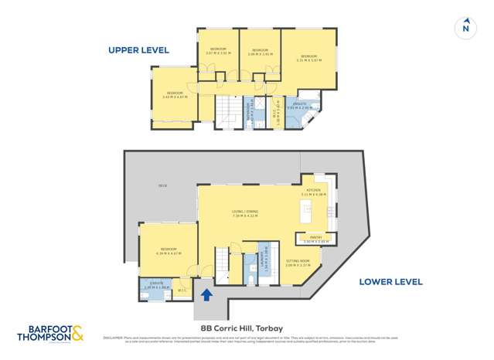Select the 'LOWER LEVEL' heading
pyautogui.click(x=390, y=281)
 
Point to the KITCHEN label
pyautogui.click(x=312, y=191)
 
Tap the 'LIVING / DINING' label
pyautogui.click(x=244, y=212)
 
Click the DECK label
pyautogui.click(x=163, y=186)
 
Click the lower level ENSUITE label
pyautogui.click(x=155, y=284)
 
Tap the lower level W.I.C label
pyautogui.click(x=182, y=290)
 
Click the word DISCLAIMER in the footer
pyautogui.click(x=114, y=338)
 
